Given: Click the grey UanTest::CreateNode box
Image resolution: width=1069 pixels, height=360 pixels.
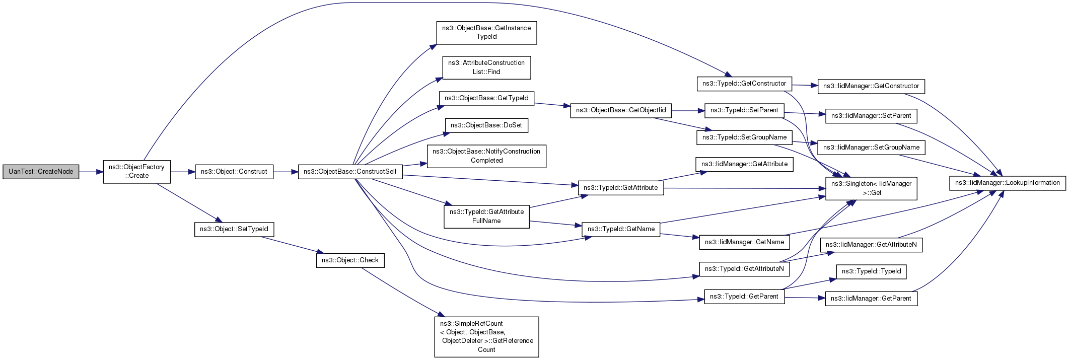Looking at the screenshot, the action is click(41, 172).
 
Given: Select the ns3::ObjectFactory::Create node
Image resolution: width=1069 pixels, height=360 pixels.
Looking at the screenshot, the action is click(137, 172).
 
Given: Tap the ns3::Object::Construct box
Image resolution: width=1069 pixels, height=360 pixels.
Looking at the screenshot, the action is click(234, 172).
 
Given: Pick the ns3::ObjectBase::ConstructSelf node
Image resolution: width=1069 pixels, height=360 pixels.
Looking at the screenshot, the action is click(350, 172).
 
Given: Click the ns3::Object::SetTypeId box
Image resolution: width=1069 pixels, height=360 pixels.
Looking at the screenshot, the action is click(234, 229).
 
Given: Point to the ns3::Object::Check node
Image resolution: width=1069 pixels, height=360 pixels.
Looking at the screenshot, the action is click(350, 260).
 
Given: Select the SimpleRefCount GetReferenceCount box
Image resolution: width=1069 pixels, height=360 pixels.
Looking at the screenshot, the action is click(486, 337).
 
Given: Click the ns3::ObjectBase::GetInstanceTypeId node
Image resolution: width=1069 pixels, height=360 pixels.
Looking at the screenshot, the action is click(486, 33).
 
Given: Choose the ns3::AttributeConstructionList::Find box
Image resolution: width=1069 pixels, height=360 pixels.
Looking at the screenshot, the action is click(486, 67).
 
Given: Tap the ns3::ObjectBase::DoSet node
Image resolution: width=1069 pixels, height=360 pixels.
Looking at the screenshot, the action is click(486, 125).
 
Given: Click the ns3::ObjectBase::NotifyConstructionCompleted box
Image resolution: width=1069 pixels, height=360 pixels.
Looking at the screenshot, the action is click(486, 156).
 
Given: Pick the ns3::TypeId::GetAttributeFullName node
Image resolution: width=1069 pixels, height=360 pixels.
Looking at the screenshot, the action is click(486, 217).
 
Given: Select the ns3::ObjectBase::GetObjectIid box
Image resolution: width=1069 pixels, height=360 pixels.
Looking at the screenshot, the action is click(621, 110).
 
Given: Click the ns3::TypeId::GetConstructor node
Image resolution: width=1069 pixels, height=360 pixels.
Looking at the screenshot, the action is click(744, 84).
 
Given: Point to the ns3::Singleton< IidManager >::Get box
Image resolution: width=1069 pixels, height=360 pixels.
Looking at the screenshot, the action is click(871, 188).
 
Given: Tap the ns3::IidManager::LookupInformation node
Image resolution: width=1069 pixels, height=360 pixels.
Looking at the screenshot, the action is click(1008, 183).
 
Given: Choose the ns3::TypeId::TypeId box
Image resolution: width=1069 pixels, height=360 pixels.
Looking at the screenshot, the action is click(871, 271).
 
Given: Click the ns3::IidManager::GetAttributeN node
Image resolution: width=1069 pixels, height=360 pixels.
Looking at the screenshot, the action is click(871, 245).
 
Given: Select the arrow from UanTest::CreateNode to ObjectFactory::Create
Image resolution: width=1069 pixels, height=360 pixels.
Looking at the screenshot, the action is click(91, 172).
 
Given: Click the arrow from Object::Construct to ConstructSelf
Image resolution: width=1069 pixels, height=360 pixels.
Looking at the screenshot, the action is click(286, 172).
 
